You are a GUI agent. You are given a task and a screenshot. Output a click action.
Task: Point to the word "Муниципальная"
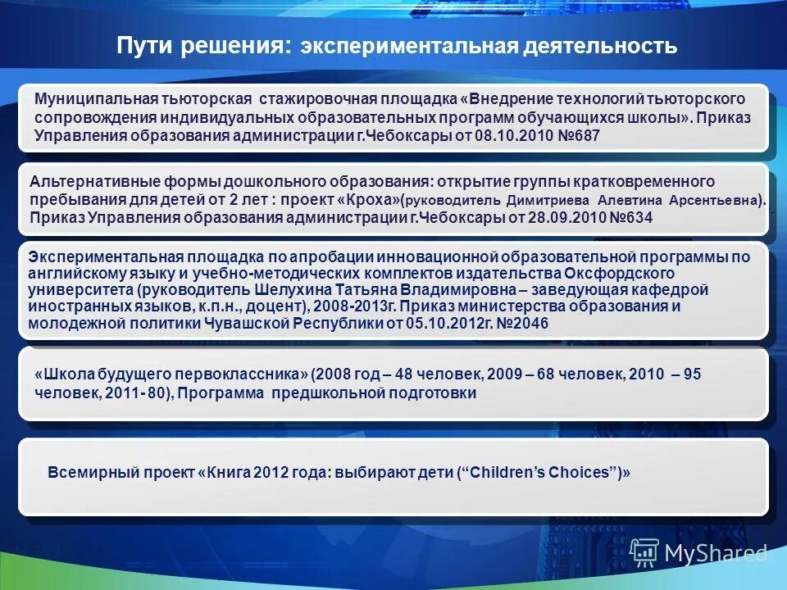(x=87, y=98)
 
